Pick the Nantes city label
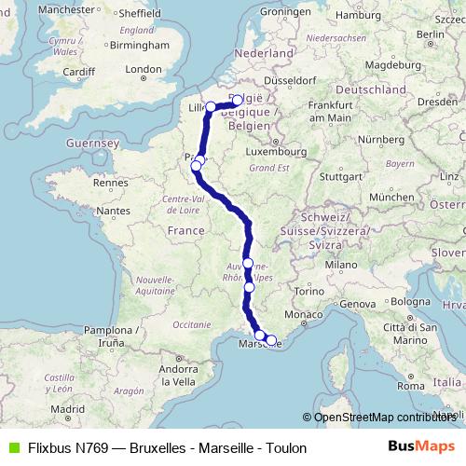click(113, 212)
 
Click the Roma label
click(410, 386)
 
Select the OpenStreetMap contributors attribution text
click(382, 417)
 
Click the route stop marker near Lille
click(211, 106)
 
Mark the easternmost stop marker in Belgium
click(237, 100)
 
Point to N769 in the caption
click(92, 448)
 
